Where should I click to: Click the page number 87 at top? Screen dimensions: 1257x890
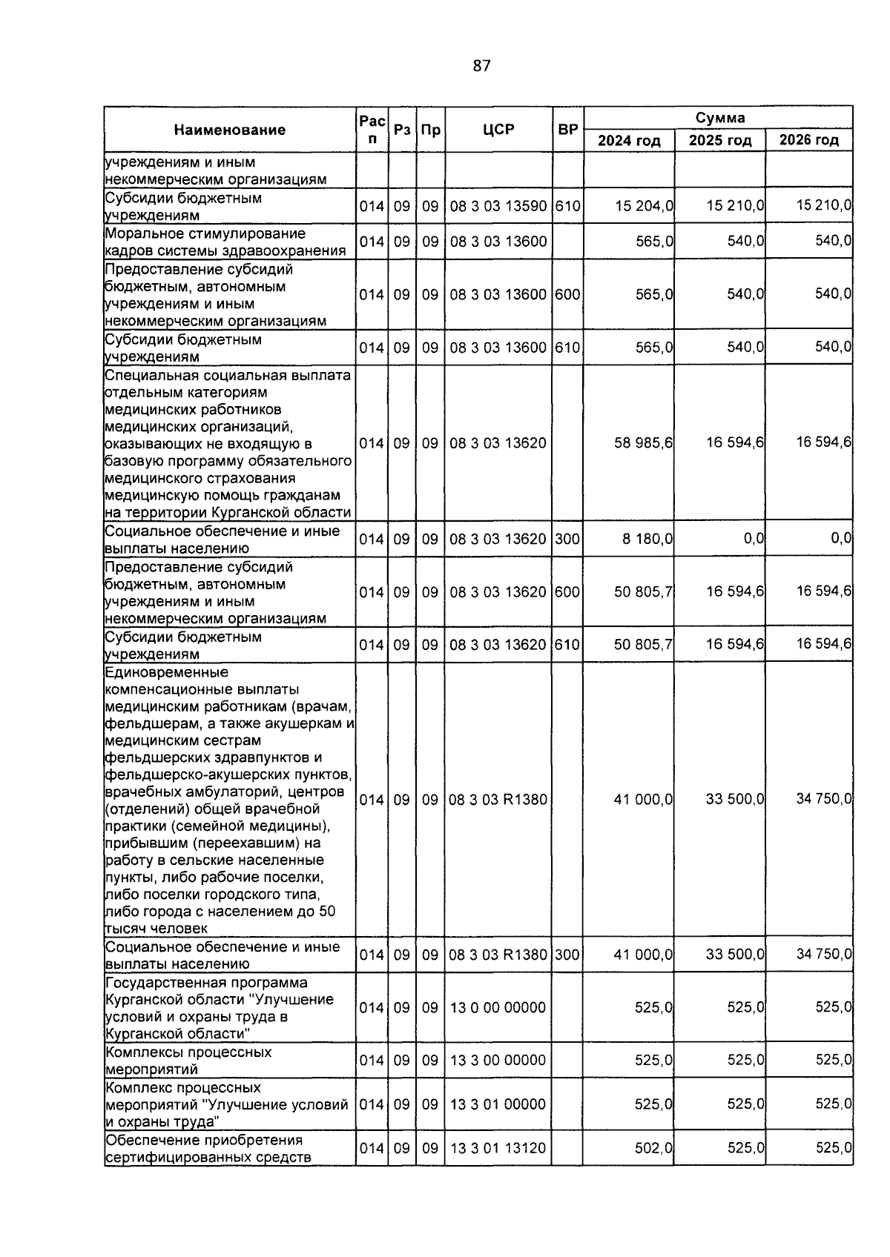pyautogui.click(x=481, y=66)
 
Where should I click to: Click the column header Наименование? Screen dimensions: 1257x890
pyautogui.click(x=230, y=130)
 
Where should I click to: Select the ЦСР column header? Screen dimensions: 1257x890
pyautogui.click(x=498, y=130)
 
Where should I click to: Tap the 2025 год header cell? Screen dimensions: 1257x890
pyautogui.click(x=719, y=141)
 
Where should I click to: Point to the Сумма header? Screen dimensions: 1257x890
pyautogui.click(x=719, y=118)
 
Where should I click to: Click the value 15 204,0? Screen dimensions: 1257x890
pyautogui.click(x=644, y=207)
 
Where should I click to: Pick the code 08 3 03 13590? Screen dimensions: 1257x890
pyautogui.click(x=498, y=207)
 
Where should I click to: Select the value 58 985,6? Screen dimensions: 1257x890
pyautogui.click(x=644, y=443)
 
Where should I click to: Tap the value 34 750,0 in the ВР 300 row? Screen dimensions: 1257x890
pyautogui.click(x=824, y=955)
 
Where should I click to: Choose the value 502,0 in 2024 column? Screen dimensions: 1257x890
pyautogui.click(x=654, y=1148)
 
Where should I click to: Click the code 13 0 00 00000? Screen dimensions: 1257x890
pyautogui.click(x=498, y=1007)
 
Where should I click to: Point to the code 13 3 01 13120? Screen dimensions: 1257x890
pyautogui.click(x=498, y=1148)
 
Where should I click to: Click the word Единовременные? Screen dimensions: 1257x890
pyautogui.click(x=167, y=673)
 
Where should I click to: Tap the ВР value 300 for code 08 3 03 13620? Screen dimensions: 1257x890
pyautogui.click(x=567, y=539)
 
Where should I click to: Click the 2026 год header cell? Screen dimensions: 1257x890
pyautogui.click(x=809, y=141)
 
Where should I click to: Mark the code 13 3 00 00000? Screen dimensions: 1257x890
pyautogui.click(x=498, y=1061)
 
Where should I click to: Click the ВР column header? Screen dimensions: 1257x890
pyautogui.click(x=567, y=130)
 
